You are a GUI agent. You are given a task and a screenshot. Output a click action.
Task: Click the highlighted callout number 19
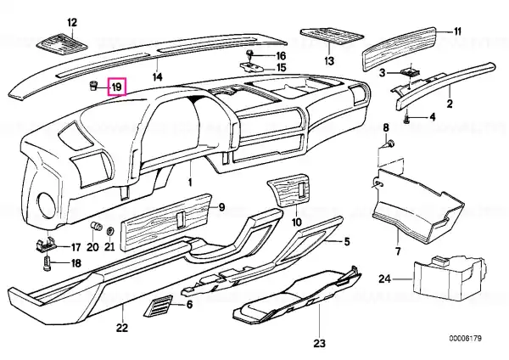pyautogui.click(x=117, y=87)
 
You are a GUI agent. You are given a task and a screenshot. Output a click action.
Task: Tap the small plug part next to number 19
pyautogui.click(x=93, y=87)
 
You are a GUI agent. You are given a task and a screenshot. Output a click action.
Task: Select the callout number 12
pyautogui.click(x=72, y=23)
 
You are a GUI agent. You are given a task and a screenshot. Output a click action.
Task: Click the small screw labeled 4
pyautogui.click(x=407, y=120)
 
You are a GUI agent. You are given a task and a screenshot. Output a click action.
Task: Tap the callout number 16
pyautogui.click(x=281, y=56)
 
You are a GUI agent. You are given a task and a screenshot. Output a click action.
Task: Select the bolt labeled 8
pyautogui.click(x=391, y=143)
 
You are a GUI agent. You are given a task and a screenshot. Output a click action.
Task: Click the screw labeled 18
pyautogui.click(x=47, y=262)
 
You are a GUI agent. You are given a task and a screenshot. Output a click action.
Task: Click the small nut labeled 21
pyautogui.click(x=110, y=232)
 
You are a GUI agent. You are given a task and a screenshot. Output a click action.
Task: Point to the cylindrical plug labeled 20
pyautogui.click(x=97, y=225)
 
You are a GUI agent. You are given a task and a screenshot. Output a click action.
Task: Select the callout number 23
pyautogui.click(x=319, y=343)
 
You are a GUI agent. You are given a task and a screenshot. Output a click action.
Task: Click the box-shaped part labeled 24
pyautogui.click(x=449, y=277)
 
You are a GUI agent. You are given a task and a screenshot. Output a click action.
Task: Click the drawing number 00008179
pyautogui.click(x=465, y=338)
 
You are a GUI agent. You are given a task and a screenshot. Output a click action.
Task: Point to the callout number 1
pyautogui.click(x=191, y=182)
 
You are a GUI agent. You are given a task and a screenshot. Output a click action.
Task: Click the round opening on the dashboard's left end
pyautogui.click(x=47, y=205)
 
